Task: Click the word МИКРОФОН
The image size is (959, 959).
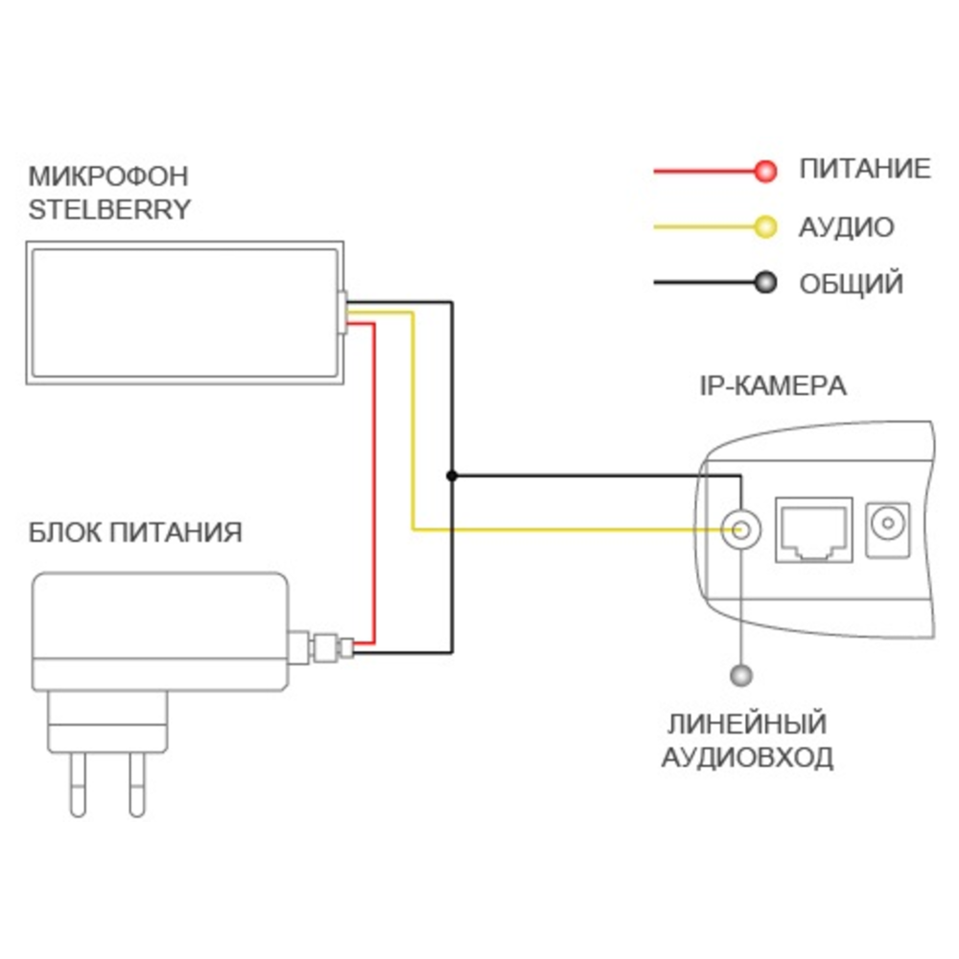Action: tap(108, 176)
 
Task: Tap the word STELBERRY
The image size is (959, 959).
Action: tap(109, 210)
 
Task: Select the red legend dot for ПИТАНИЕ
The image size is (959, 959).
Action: tap(764, 172)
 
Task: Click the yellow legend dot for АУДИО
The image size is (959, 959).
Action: tap(764, 227)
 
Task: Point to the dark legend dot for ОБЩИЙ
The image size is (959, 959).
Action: tap(764, 284)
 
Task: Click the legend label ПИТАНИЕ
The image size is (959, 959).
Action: tap(864, 170)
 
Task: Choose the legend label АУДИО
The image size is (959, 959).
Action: tap(846, 227)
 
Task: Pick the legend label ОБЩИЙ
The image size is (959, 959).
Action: tap(851, 284)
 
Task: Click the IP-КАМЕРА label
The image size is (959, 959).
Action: tap(772, 386)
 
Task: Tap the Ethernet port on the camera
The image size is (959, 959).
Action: tap(813, 529)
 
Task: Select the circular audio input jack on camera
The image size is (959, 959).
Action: tap(739, 528)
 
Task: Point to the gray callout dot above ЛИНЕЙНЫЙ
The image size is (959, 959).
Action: tap(739, 676)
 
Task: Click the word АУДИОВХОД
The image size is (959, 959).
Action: tap(748, 758)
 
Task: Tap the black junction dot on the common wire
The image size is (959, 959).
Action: tap(452, 475)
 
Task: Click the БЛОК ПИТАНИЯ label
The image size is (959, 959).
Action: tap(136, 532)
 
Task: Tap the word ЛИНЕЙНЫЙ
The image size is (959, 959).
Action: tap(748, 724)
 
